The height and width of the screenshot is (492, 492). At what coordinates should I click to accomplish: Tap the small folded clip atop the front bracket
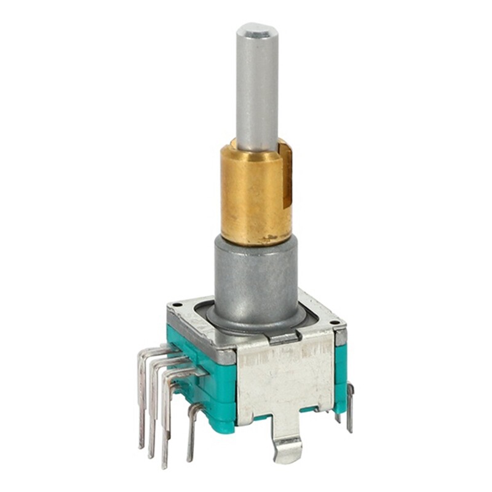(284, 337)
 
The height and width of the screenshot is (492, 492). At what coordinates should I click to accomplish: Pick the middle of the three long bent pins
(152, 412)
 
